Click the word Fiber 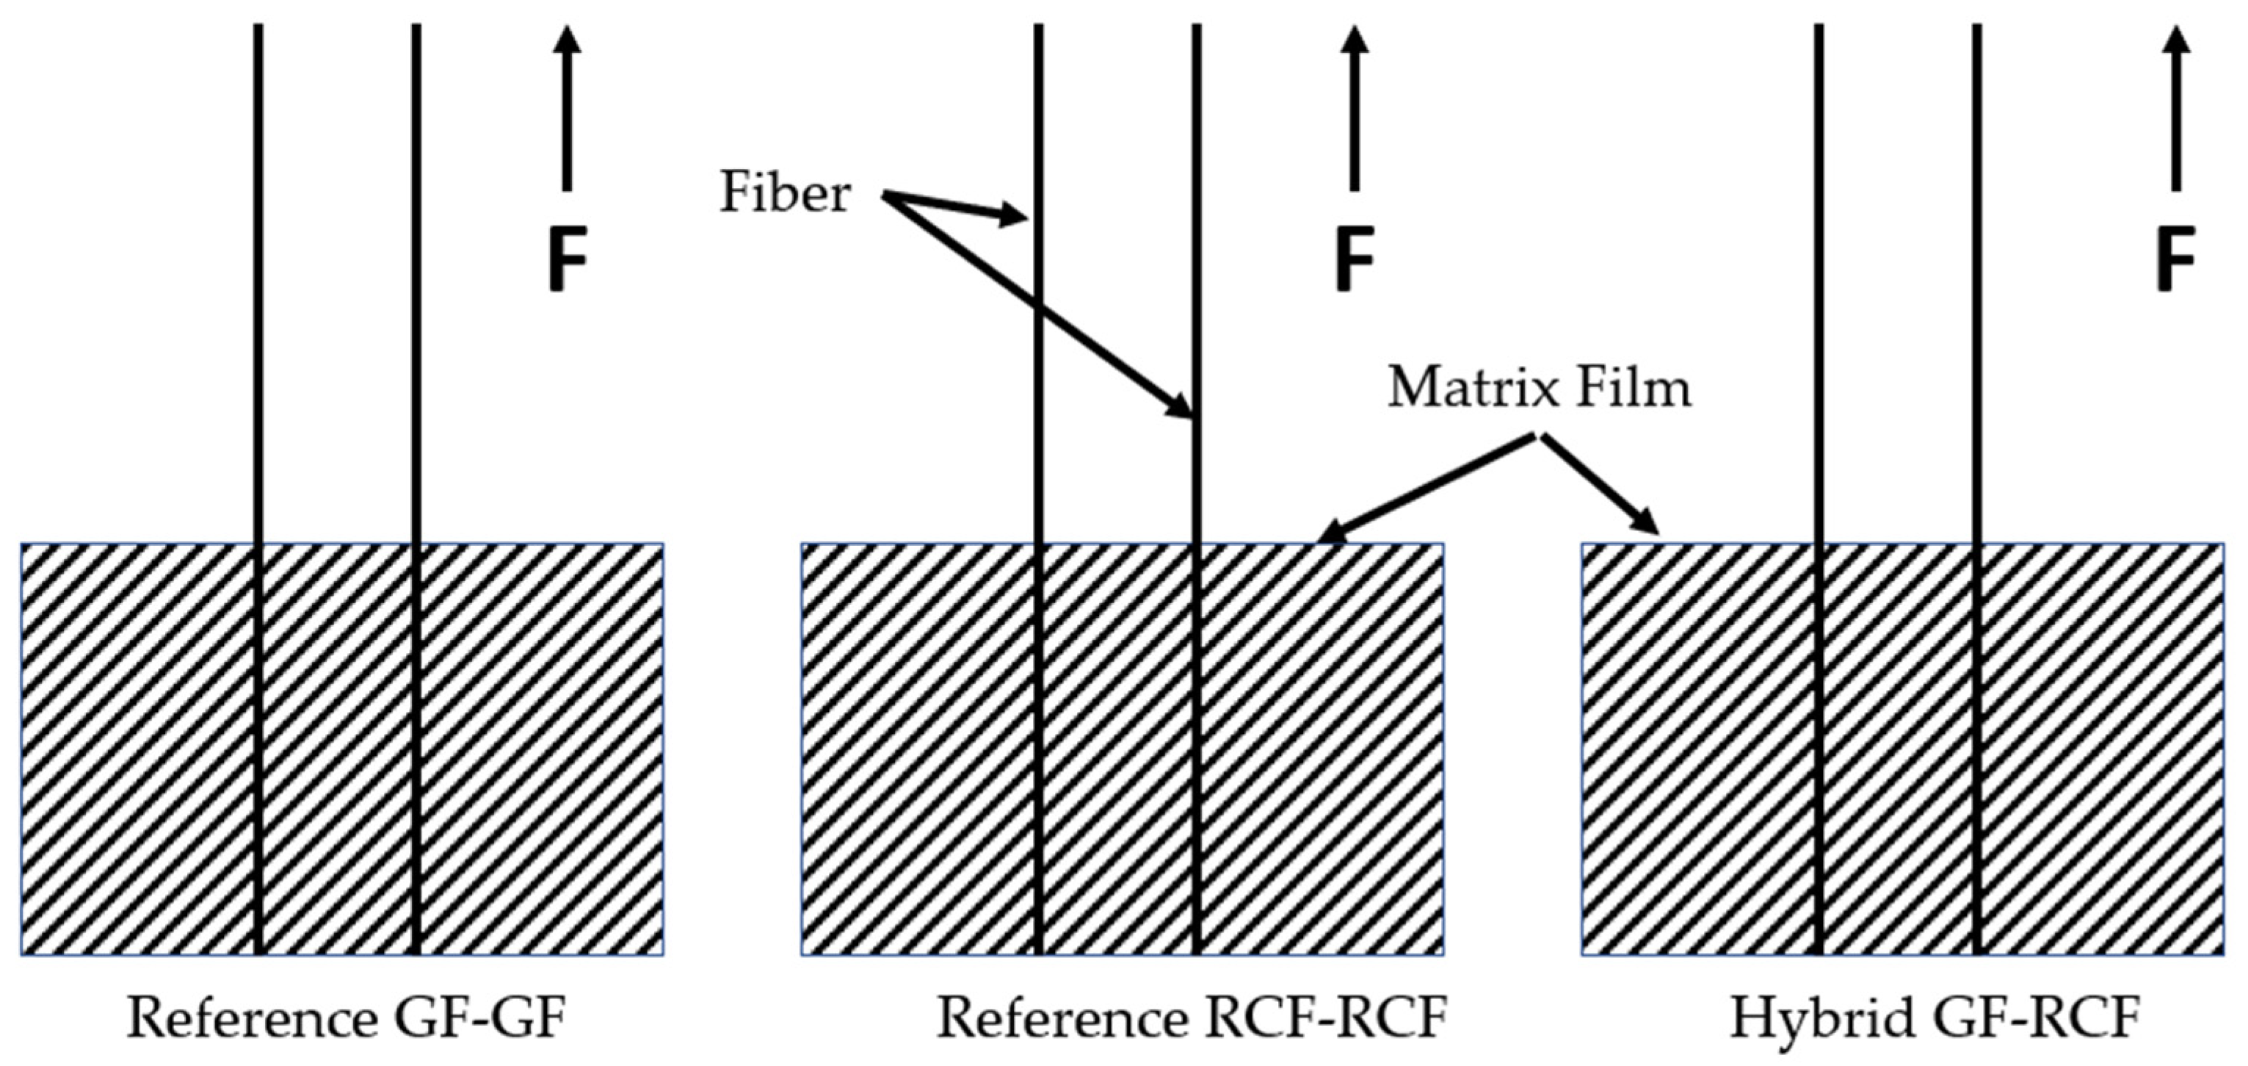coord(783,193)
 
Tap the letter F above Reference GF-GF coord(568,259)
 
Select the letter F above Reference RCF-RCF coord(1355,259)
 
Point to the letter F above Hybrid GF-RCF coord(2175,259)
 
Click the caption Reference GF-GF coord(347,1018)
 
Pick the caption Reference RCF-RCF coord(1192,1018)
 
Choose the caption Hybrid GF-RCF coord(1935,1018)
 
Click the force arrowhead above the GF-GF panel coord(568,39)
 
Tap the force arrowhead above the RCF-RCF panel coord(1355,39)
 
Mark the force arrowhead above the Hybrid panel coord(2177,39)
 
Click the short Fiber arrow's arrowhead coord(1014,214)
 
